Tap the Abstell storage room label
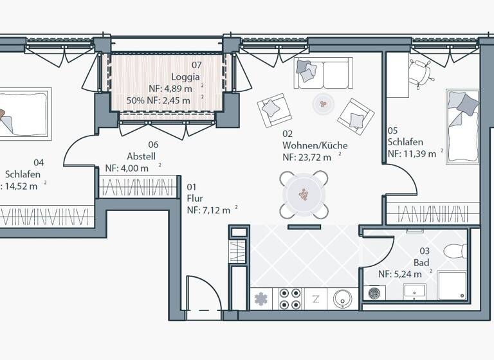click(142, 156)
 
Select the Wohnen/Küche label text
click(315, 145)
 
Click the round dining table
click(304, 194)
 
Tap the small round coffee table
click(322, 103)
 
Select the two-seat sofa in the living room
click(324, 73)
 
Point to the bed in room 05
click(463, 126)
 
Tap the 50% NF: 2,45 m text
click(158, 100)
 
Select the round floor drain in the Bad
click(375, 293)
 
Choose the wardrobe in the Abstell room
click(138, 188)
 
